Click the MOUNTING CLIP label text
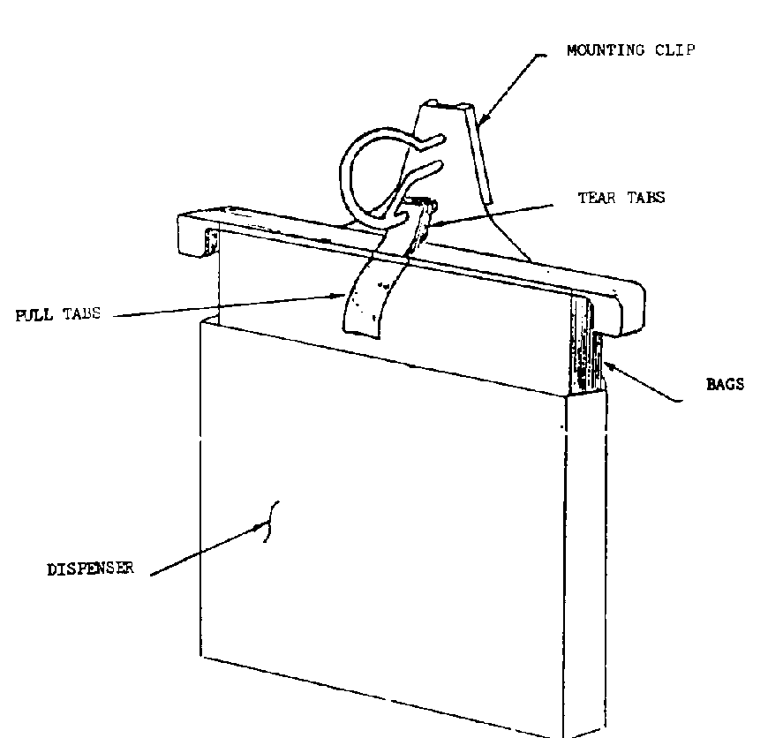point(630,50)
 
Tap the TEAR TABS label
point(621,199)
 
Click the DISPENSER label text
point(90,569)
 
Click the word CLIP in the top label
point(677,50)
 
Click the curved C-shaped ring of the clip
point(357,172)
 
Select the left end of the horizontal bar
point(193,233)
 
